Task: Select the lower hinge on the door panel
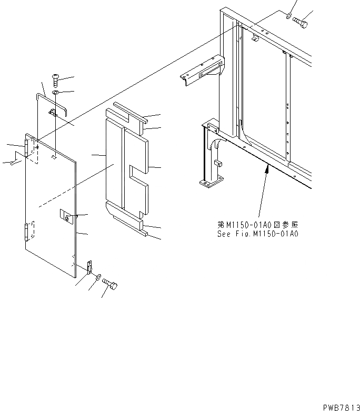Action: [x=27, y=231]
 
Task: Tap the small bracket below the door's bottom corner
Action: [x=89, y=266]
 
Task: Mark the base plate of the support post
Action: [x=210, y=183]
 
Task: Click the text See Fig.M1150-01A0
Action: [x=257, y=235]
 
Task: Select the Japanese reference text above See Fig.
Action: [x=257, y=226]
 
